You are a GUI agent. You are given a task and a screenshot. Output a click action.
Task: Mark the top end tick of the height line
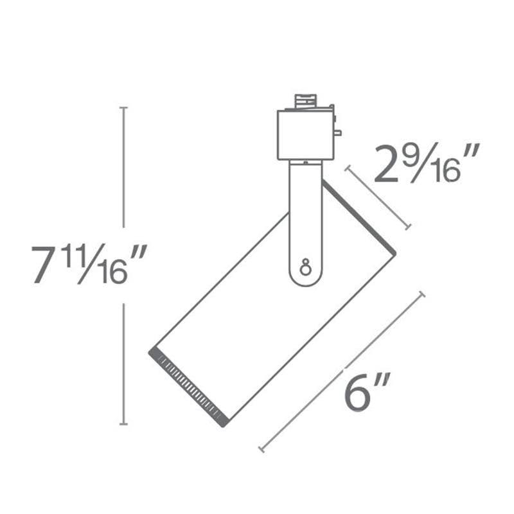[124, 109]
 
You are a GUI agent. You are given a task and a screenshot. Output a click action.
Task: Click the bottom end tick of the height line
[124, 423]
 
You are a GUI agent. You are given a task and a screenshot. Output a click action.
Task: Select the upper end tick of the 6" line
[421, 294]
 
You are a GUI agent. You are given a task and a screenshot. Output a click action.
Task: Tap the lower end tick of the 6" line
[261, 449]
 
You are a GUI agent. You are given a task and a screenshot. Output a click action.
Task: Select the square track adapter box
[305, 135]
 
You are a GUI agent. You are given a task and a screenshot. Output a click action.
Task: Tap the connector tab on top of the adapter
[306, 102]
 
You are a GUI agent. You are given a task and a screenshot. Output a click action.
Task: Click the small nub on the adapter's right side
[337, 133]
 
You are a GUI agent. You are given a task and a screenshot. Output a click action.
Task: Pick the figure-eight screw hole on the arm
[305, 265]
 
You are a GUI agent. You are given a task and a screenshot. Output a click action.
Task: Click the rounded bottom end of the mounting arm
[305, 279]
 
